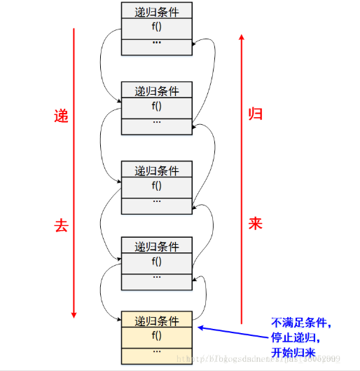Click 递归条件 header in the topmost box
(x=157, y=11)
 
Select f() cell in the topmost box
(x=157, y=27)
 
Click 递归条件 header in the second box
(x=157, y=90)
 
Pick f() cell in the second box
(x=157, y=107)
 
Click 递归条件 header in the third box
(x=157, y=170)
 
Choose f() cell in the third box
(x=157, y=187)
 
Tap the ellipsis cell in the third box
(x=157, y=203)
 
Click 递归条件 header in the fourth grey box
(x=157, y=246)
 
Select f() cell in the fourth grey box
(x=157, y=262)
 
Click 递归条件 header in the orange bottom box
(x=157, y=321)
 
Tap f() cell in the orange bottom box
(x=157, y=335)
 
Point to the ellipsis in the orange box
(x=157, y=350)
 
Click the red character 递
(x=61, y=116)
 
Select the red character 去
(x=61, y=225)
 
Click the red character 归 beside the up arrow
(x=256, y=114)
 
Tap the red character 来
(x=256, y=224)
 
